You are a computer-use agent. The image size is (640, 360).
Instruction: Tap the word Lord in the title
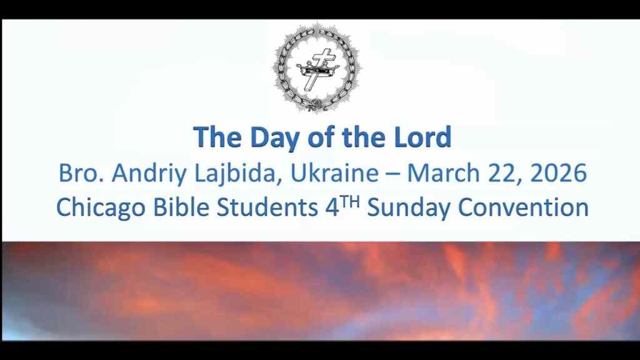point(422,137)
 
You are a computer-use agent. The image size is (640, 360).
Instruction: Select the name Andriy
point(141,173)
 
